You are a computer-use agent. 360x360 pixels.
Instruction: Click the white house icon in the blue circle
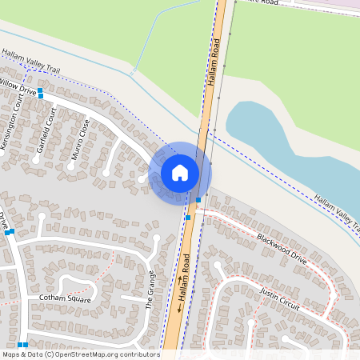click(180, 173)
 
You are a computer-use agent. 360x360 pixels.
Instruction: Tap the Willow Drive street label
click(18, 86)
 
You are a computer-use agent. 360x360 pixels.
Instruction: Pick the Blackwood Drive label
click(282, 249)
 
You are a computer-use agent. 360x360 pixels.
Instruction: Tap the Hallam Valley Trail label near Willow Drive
click(31, 62)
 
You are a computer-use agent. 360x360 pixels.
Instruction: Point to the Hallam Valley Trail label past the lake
click(336, 209)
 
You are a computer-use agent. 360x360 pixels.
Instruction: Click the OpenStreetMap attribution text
click(80, 354)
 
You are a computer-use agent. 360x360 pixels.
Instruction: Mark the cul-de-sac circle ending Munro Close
click(106, 172)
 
